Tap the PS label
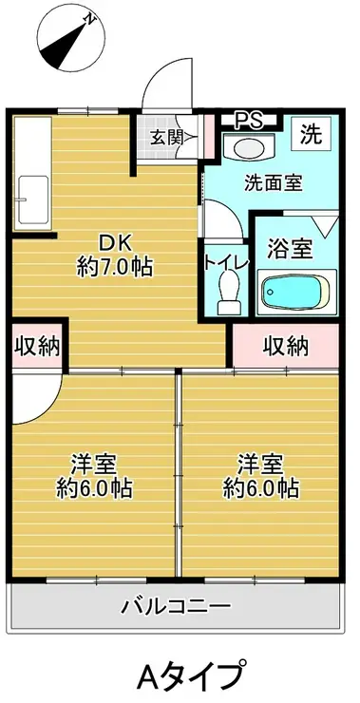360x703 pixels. point(249,120)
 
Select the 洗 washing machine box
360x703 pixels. point(310,134)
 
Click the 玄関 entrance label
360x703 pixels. point(166,137)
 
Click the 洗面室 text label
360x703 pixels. point(270,183)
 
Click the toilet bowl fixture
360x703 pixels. point(229,288)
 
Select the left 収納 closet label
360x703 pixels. point(35,346)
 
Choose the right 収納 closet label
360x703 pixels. point(286,346)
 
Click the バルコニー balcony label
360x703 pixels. point(176,605)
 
